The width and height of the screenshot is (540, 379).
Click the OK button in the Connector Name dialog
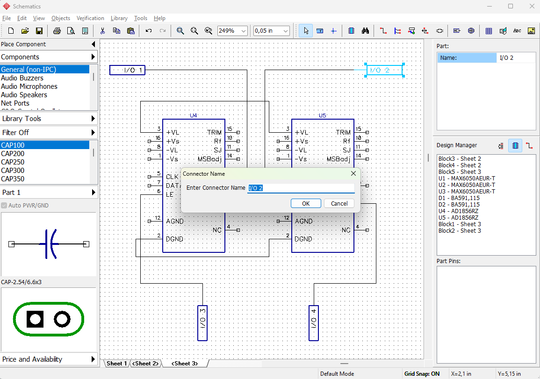(306, 203)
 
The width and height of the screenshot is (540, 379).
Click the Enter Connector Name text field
(301, 188)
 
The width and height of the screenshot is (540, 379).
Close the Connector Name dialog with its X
(353, 173)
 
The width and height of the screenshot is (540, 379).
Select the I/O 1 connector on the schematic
(128, 70)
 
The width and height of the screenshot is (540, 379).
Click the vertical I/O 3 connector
(202, 323)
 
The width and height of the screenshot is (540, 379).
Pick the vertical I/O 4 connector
(314, 323)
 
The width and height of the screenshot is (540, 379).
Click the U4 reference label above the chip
(194, 115)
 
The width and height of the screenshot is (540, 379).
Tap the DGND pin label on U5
(303, 239)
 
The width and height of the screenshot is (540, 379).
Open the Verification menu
(90, 18)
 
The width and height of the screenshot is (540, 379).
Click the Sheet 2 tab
(146, 364)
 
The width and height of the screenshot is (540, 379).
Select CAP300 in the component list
(13, 171)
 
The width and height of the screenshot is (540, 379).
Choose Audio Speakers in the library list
(24, 95)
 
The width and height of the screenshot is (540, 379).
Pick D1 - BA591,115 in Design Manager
(459, 198)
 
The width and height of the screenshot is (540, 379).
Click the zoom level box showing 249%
(232, 31)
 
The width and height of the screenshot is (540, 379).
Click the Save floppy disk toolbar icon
(39, 31)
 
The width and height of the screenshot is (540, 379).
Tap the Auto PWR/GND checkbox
(4, 206)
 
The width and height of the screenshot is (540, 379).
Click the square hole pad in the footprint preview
(35, 319)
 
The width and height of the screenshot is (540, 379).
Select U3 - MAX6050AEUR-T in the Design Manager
(467, 192)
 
